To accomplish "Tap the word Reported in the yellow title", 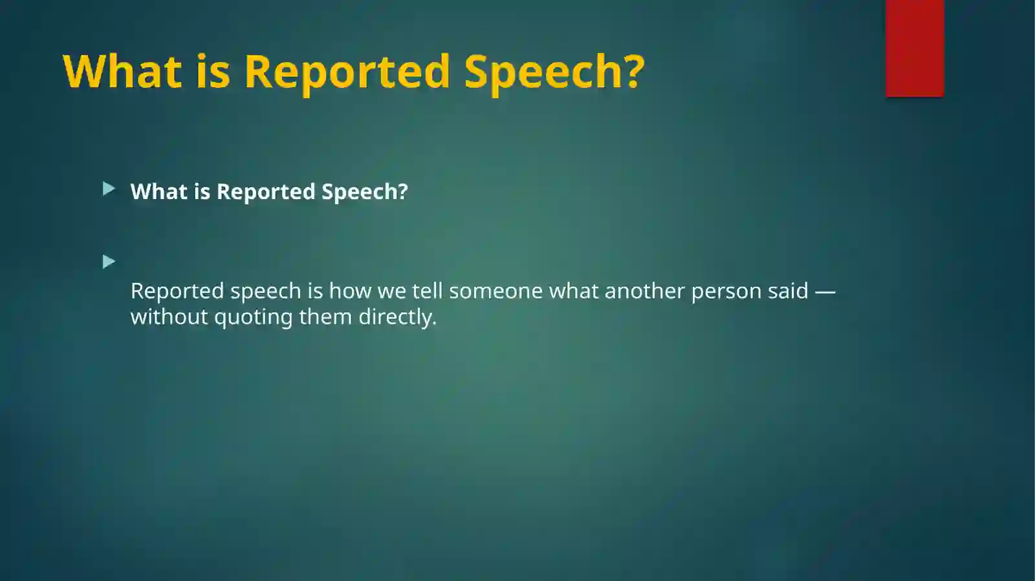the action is [347, 73].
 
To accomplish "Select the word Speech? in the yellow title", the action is [554, 73].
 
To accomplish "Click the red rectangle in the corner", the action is [915, 48].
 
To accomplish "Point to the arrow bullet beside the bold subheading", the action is [109, 189].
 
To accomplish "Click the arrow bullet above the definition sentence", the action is [109, 262].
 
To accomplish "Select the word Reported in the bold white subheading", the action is [266, 192].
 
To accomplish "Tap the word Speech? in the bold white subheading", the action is [365, 192].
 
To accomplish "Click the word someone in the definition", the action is [496, 291].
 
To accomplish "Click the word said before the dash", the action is [789, 291].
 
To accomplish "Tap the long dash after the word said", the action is [825, 292].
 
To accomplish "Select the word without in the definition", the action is [169, 317].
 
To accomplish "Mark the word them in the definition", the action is [325, 317].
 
